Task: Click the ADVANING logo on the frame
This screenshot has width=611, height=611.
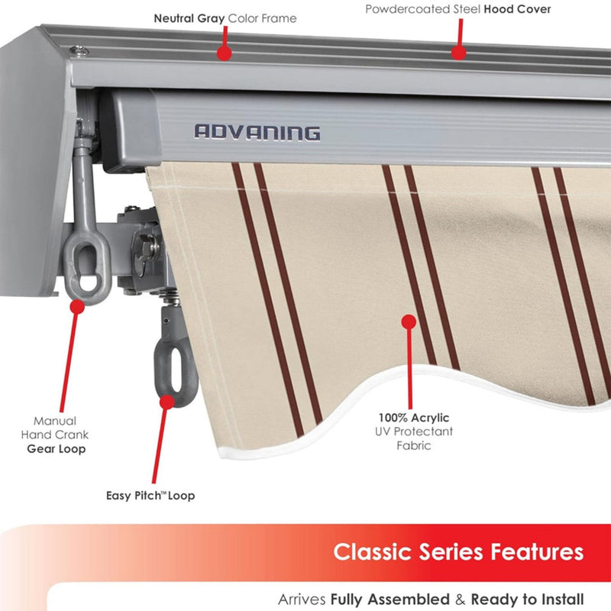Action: click(x=257, y=132)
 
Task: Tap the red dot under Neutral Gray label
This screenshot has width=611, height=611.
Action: click(x=223, y=53)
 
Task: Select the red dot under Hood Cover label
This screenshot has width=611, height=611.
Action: click(x=457, y=53)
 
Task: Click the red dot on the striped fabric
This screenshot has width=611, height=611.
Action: click(x=409, y=322)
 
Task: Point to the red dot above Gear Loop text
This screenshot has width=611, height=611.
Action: click(x=76, y=307)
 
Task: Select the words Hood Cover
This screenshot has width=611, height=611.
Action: click(x=517, y=9)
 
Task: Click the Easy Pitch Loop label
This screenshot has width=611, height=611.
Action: click(x=150, y=496)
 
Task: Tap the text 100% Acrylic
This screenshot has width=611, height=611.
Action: click(x=413, y=418)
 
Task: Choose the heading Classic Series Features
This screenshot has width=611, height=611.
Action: click(x=458, y=551)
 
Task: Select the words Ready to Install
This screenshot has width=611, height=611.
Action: click(x=527, y=600)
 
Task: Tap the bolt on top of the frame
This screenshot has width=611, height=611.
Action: click(x=77, y=51)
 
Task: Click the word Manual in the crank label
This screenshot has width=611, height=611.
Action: click(x=54, y=421)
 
